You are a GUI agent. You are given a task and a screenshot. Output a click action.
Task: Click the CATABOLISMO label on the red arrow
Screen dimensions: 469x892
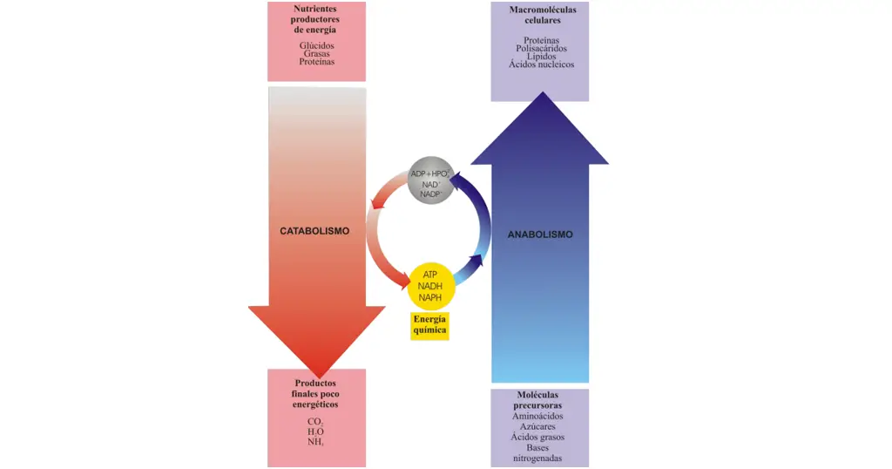click(314, 231)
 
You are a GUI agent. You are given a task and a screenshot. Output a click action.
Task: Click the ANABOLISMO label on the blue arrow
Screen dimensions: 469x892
click(540, 234)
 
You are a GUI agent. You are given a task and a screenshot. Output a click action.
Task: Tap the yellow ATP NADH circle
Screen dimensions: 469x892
click(430, 285)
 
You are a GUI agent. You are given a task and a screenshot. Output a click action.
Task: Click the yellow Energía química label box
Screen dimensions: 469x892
click(429, 325)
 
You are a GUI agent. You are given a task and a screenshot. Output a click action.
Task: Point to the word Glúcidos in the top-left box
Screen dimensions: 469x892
click(316, 44)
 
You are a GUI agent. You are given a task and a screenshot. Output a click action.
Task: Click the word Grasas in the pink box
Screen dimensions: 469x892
click(316, 53)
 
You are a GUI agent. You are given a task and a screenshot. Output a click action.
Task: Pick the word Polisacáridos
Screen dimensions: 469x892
click(541, 48)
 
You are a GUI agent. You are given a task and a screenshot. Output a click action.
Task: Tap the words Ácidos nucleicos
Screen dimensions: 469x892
click(541, 65)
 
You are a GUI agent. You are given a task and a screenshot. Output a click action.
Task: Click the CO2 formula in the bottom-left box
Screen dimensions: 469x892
click(315, 422)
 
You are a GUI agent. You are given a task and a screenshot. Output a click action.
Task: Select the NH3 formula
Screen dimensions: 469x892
click(315, 442)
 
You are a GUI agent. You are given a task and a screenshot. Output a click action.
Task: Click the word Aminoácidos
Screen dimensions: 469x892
click(537, 416)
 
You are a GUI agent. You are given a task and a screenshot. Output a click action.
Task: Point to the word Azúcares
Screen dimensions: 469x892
click(537, 426)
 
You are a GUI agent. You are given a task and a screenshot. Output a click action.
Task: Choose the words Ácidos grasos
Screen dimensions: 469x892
click(537, 437)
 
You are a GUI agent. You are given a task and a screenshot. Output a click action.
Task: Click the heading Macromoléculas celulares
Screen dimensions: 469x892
click(540, 14)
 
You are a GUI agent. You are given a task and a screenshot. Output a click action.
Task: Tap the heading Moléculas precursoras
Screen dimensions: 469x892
click(537, 400)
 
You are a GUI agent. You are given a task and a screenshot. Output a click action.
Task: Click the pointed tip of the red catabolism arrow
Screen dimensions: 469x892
click(316, 376)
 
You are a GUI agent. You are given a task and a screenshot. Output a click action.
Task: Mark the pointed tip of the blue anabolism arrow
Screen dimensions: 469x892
click(540, 93)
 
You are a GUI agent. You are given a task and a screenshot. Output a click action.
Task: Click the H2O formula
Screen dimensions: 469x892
click(315, 432)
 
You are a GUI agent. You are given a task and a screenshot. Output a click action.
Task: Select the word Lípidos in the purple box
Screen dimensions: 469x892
click(541, 56)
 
